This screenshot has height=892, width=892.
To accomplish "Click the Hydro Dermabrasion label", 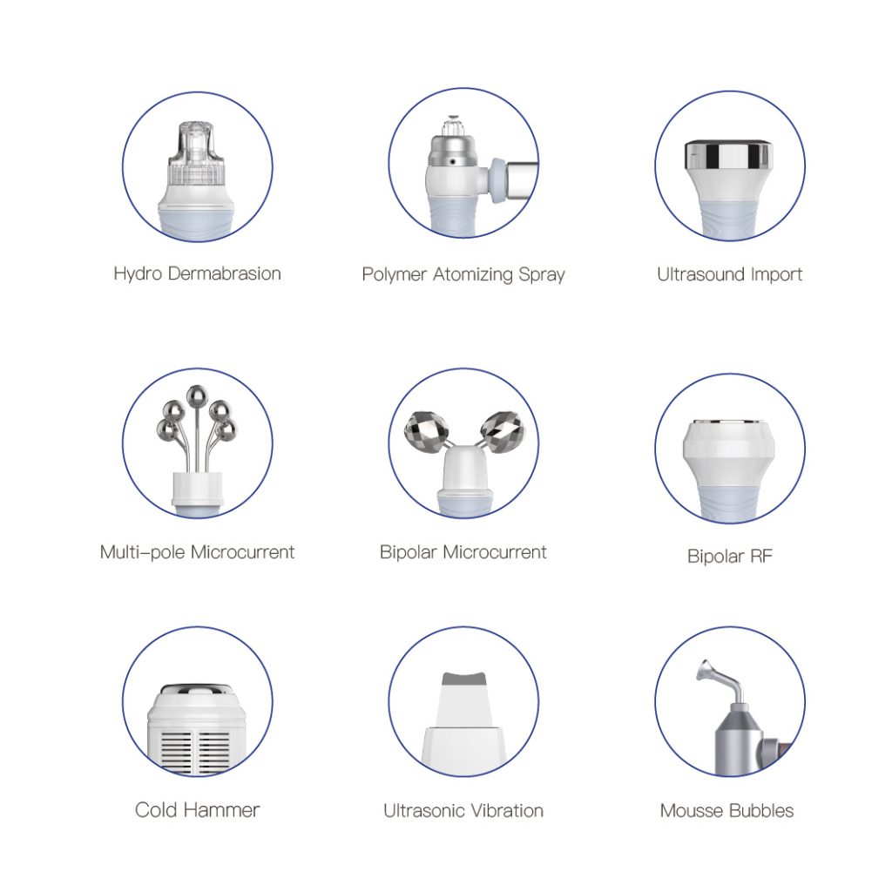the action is pos(198,274).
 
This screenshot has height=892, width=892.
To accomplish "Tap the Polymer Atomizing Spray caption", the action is pos(463,274).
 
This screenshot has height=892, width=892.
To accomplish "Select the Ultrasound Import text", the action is pos(729,274).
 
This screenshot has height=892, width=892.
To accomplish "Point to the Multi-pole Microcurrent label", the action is pos(197,552).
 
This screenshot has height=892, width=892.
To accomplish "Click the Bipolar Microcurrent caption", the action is pos(463,552).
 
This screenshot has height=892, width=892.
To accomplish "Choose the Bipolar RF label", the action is pos(730,556).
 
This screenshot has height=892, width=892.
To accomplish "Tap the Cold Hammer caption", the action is pos(197,810).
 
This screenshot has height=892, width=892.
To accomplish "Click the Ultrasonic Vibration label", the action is pos(463,811).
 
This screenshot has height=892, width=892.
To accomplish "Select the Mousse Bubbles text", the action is pos(726,811).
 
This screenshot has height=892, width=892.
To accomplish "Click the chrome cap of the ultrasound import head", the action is pos(728,155).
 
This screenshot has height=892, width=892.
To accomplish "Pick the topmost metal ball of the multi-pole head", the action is pos(197,396).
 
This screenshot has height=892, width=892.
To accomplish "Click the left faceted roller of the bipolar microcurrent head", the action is pos(423,430).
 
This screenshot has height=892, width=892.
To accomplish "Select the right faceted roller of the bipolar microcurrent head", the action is pos(503,432).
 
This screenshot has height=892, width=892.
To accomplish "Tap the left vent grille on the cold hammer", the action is pos(176,750).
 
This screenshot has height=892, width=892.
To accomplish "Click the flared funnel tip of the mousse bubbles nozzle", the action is pos(706,670).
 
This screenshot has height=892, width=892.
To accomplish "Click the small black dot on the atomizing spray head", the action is pos(453,162).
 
